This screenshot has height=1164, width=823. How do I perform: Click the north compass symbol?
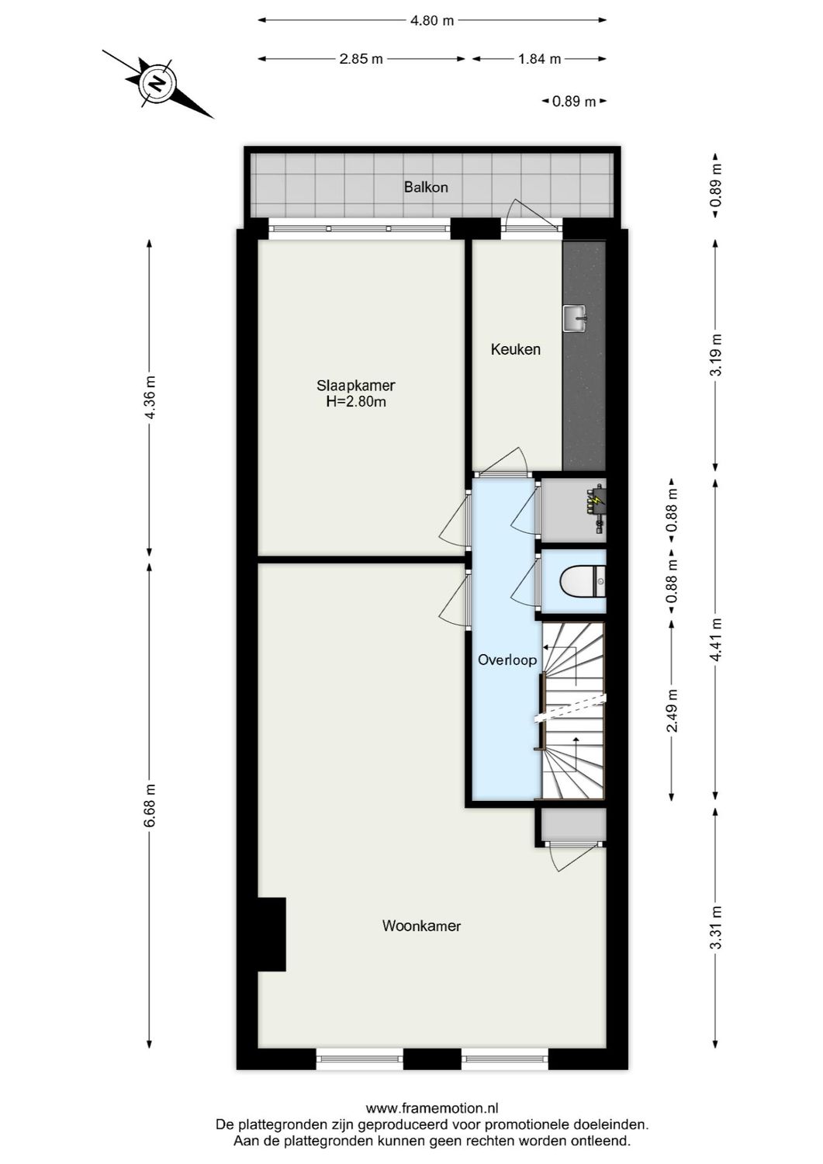[157, 83]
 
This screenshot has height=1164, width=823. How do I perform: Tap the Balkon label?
[426, 187]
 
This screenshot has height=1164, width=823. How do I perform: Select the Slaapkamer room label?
[356, 385]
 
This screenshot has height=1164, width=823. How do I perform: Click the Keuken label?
[515, 349]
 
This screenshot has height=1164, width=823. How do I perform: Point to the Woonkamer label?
[421, 926]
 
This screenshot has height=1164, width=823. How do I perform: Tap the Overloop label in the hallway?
[507, 660]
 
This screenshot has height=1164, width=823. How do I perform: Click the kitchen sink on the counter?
[574, 317]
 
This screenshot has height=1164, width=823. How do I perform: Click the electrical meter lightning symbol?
[596, 502]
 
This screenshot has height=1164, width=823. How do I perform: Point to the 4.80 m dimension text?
[432, 21]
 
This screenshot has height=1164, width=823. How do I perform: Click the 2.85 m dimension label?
[361, 59]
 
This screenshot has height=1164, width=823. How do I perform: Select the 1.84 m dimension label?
[539, 59]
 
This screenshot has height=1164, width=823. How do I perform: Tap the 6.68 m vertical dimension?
[150, 805]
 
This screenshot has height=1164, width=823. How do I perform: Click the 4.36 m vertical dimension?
[150, 397]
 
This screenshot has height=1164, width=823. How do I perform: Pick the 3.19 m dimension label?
[715, 355]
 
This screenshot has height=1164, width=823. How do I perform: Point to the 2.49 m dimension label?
[673, 710]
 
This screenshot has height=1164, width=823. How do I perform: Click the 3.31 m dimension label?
[715, 927]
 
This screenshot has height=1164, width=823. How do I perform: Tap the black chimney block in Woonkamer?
[271, 934]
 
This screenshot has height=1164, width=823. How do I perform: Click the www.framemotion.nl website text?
[431, 1109]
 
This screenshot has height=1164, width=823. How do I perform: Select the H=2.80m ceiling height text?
[356, 402]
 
